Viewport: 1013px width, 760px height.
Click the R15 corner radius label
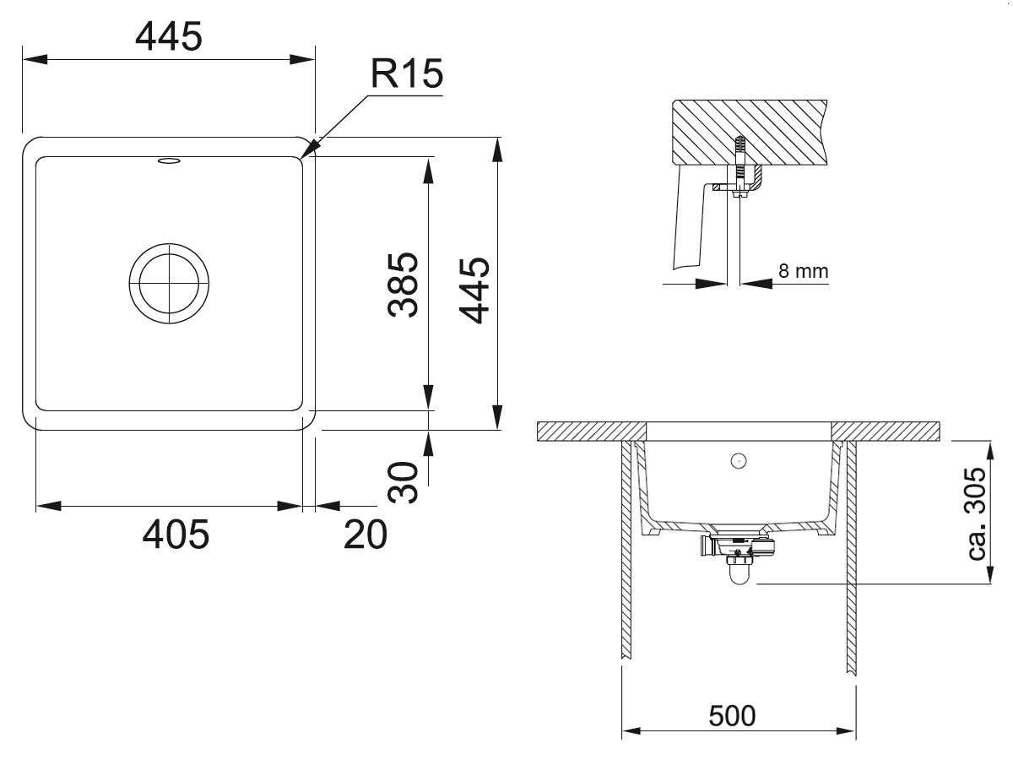(407, 73)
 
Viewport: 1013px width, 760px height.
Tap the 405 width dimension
(176, 535)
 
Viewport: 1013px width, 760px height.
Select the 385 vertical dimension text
(403, 285)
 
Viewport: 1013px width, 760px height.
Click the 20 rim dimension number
(365, 535)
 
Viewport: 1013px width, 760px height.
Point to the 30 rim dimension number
(403, 481)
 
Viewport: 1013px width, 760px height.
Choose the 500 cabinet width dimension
(732, 716)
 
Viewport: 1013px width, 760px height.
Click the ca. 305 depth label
(976, 514)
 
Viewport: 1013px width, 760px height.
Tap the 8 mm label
(804, 271)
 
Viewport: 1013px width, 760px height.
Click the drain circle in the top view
(169, 284)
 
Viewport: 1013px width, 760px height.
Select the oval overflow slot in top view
(169, 160)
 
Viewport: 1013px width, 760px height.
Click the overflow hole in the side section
(739, 460)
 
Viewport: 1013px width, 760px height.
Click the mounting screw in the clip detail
(739, 167)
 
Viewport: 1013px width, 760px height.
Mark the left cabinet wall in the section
(626, 549)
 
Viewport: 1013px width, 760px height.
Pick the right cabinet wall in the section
(851, 557)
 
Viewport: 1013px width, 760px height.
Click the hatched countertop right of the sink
(886, 432)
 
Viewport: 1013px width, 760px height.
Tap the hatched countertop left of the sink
(592, 432)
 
